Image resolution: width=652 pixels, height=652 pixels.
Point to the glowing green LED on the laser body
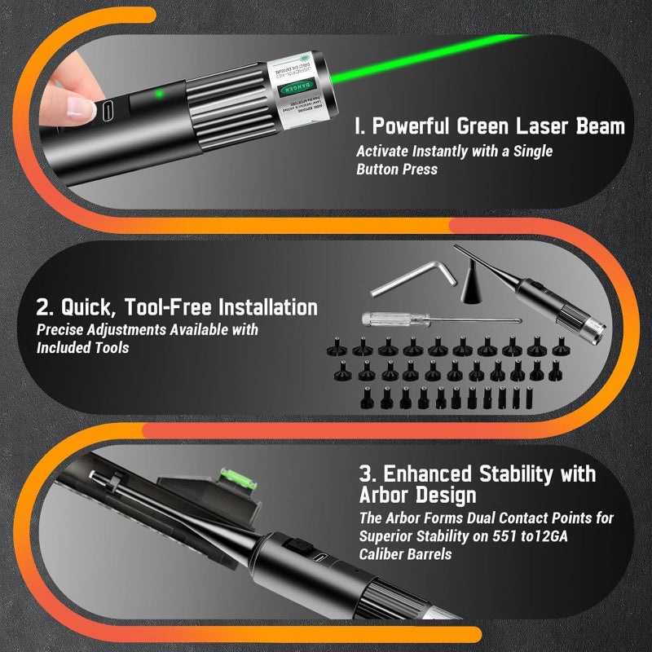coord(161,94)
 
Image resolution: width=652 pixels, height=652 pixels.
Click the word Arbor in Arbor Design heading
coord(387,496)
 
